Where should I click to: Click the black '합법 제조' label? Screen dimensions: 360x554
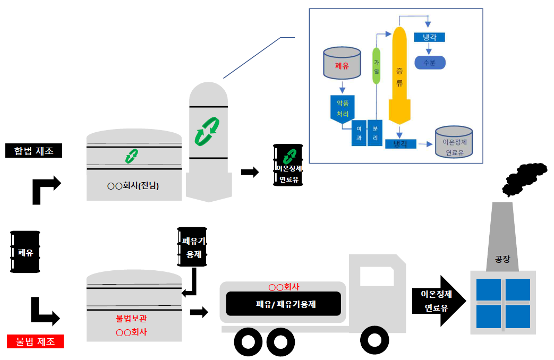(34, 151)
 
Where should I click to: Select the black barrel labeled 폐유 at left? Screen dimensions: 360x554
(25, 252)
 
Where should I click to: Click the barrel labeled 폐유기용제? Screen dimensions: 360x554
(192, 247)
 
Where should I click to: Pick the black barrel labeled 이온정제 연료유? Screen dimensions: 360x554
(288, 165)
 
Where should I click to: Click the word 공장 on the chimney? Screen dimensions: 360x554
(502, 259)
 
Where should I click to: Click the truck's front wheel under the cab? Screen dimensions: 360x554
(375, 340)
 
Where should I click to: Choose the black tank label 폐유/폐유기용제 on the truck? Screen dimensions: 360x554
(283, 304)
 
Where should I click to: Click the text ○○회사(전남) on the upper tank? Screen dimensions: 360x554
(133, 186)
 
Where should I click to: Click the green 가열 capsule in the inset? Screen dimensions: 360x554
(376, 66)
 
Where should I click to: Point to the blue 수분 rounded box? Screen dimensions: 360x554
(429, 63)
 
